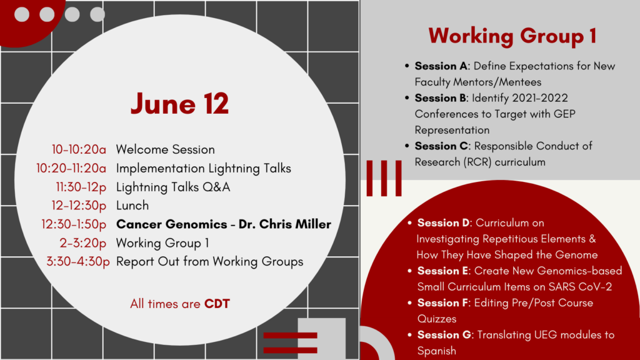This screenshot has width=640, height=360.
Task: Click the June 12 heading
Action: (179, 104)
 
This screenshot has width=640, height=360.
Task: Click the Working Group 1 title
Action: (512, 36)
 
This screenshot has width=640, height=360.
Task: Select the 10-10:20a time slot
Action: (79, 150)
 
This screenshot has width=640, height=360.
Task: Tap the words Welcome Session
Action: (165, 150)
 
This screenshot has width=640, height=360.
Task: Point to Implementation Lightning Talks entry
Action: (203, 169)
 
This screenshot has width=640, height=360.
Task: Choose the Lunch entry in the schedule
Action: (132, 206)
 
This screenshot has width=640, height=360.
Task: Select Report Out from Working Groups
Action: (209, 262)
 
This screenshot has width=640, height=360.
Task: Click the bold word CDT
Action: (217, 304)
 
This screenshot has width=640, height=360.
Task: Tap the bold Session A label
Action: (436, 66)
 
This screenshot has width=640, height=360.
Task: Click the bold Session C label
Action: (436, 146)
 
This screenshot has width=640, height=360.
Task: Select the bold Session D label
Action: (438, 223)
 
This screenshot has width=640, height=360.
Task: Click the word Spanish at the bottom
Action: (436, 351)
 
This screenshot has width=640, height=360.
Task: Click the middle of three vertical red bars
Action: (384, 178)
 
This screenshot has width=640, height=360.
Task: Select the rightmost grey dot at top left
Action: (97, 14)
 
